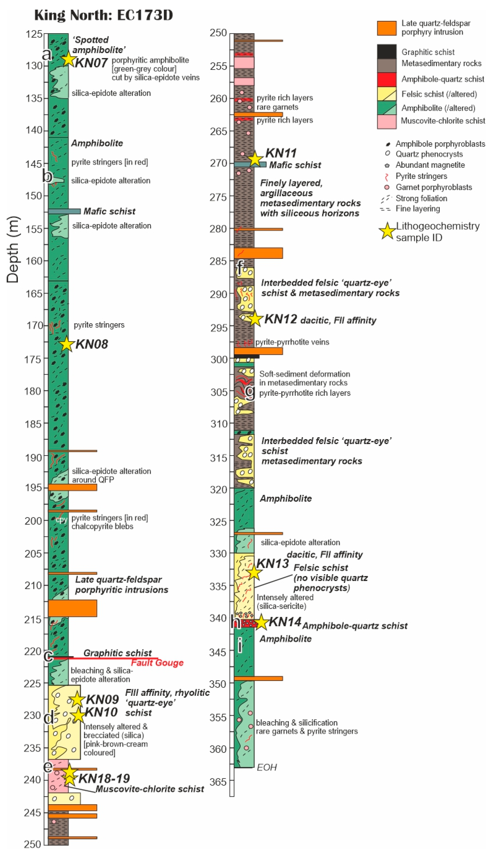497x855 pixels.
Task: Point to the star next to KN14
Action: click(x=261, y=622)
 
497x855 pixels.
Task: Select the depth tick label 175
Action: click(x=33, y=359)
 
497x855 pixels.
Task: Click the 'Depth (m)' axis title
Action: click(x=13, y=249)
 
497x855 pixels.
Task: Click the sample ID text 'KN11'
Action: click(x=281, y=153)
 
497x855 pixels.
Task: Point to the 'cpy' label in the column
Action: click(x=61, y=520)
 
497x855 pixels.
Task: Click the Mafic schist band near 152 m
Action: click(x=64, y=211)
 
